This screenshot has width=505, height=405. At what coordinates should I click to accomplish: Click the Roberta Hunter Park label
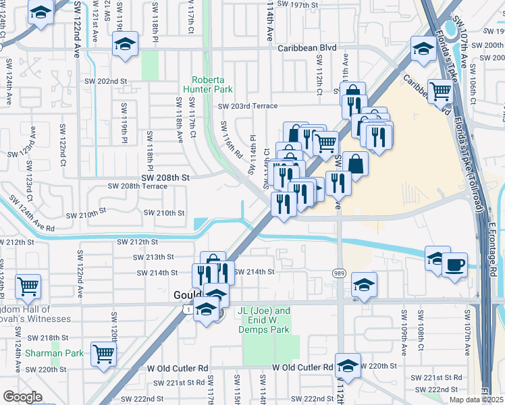[211, 84]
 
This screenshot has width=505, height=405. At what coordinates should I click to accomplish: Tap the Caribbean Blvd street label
[307, 48]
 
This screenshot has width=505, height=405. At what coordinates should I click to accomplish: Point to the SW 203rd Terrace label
[247, 106]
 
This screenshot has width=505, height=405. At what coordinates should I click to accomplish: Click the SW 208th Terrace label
[138, 186]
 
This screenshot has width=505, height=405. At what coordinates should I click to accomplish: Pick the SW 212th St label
[138, 242]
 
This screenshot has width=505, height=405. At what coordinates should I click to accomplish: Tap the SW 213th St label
[153, 257]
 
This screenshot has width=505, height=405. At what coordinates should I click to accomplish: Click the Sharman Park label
[54, 353]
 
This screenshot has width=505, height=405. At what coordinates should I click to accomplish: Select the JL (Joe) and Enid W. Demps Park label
[264, 320]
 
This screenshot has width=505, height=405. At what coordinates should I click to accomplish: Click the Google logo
[22, 397]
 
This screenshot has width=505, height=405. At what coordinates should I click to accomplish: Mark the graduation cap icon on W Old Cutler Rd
[348, 365]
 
